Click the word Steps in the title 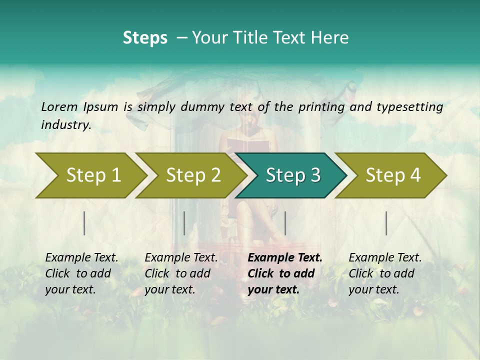(x=145, y=38)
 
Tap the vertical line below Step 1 (x=84, y=223)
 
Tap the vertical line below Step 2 (x=184, y=223)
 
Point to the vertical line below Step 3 (x=285, y=223)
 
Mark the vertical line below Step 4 (x=386, y=223)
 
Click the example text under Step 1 (x=81, y=273)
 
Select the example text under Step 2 (x=181, y=273)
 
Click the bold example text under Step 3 (x=285, y=273)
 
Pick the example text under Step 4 (x=385, y=273)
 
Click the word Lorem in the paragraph (x=59, y=106)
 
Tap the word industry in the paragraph (x=65, y=125)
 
